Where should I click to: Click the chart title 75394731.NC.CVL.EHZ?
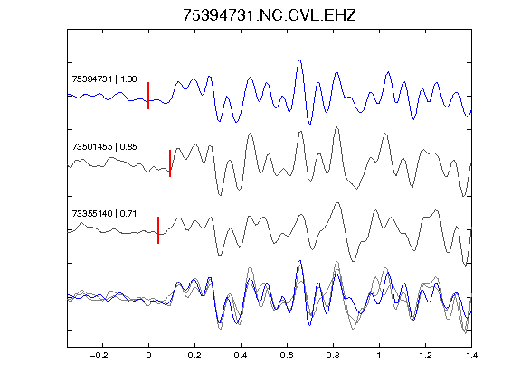click(270, 15)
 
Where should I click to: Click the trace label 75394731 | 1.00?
click(104, 79)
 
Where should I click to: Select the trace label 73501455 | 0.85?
click(104, 146)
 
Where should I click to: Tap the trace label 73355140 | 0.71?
click(104, 214)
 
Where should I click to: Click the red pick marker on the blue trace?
click(148, 96)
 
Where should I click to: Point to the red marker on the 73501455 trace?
click(170, 163)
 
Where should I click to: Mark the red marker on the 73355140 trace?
click(158, 230)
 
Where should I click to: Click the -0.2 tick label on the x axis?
click(99, 356)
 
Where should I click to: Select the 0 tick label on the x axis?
click(148, 356)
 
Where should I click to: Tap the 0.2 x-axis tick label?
click(194, 356)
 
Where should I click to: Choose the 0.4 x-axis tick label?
click(241, 356)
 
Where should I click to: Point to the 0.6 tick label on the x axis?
click(287, 356)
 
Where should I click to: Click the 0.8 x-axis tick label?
click(333, 356)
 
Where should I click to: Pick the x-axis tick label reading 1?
click(379, 356)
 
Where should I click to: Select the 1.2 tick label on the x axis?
click(425, 356)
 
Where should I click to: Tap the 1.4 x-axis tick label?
click(471, 356)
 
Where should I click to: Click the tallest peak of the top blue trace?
click(299, 60)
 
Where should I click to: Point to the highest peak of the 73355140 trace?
click(337, 202)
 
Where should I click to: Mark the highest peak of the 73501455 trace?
click(336, 127)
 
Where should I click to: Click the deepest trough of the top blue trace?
click(309, 125)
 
